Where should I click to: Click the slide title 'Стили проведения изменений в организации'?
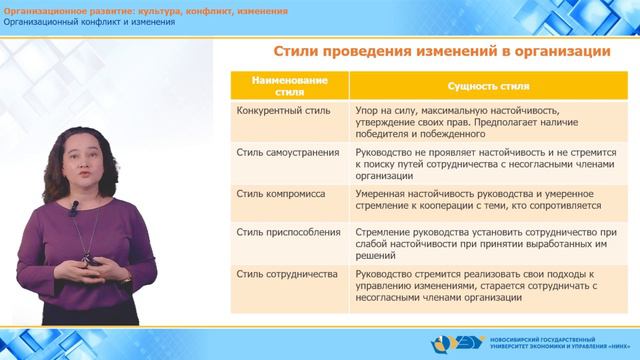[428, 52]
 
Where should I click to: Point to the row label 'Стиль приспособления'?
[271, 232]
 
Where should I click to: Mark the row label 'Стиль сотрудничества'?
[270, 272]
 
